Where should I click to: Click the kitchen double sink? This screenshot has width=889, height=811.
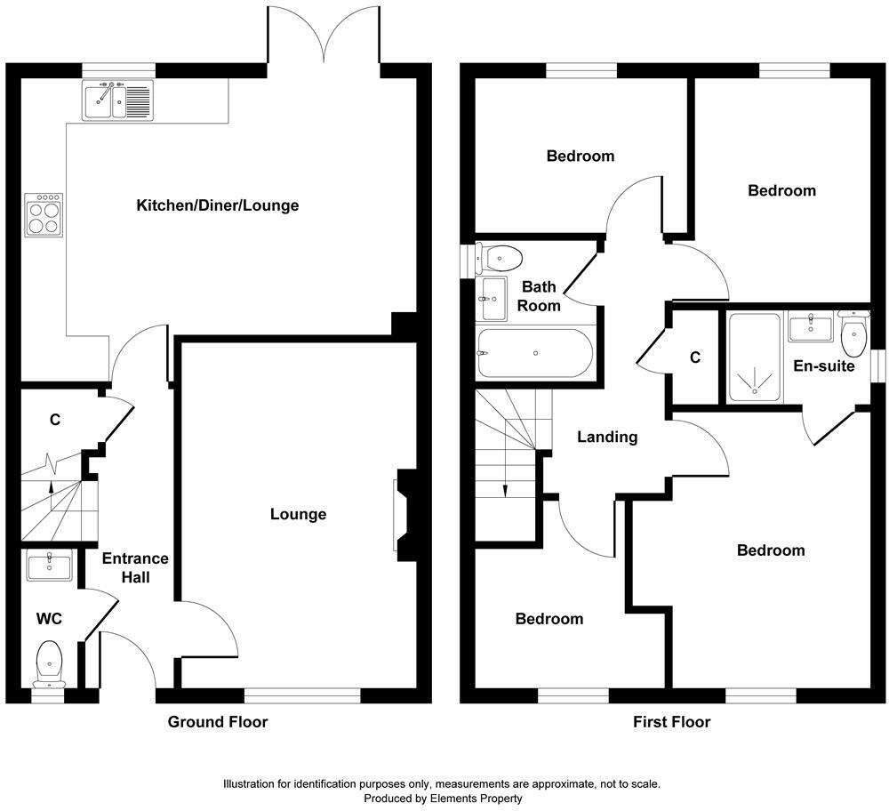pos(117,100)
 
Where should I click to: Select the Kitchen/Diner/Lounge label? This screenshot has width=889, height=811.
pos(217,205)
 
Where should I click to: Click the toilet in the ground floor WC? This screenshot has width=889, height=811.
pos(50,664)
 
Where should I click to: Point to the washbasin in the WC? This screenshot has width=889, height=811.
pos(48,566)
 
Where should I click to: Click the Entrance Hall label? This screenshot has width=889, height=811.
pos(135,567)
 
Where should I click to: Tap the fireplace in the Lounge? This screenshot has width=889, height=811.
pos(403,515)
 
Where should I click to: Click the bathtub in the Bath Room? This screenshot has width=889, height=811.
pos(534,353)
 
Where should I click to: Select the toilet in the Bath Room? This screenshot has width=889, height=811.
pos(498,259)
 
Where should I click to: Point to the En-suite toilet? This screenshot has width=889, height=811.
pos(853,335)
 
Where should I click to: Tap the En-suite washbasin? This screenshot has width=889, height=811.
pos(810,325)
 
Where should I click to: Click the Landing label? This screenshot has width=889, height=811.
pos(607,437)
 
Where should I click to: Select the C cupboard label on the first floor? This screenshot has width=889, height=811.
pos(695,357)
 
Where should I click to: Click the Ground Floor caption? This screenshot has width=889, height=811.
pos(218,721)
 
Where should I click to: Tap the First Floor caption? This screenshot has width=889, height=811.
pos(671,721)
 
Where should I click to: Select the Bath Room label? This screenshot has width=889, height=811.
pos(539,296)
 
